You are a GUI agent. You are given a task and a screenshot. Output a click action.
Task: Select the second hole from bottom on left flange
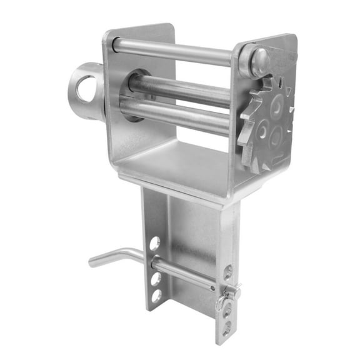click(156, 278)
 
